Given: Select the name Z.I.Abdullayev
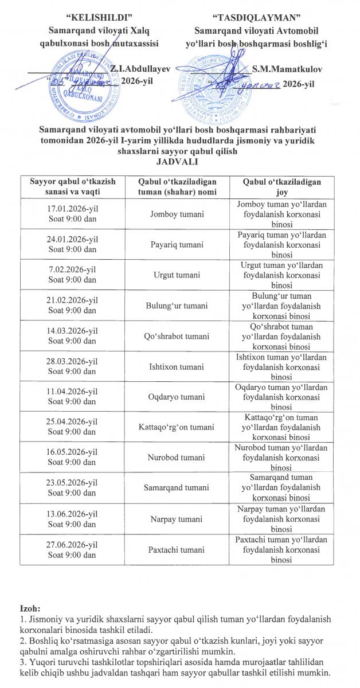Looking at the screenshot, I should tap(141, 68).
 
